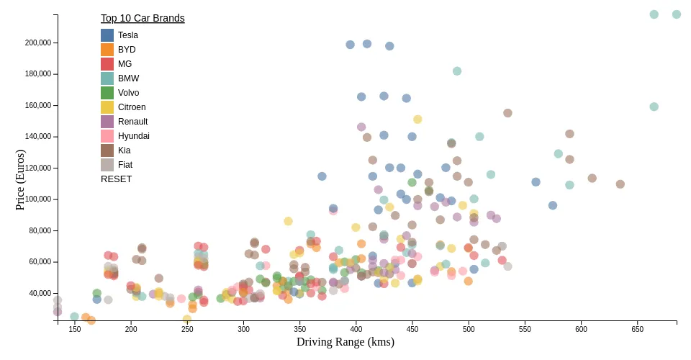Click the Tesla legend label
pos(127,35)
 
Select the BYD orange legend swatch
pos(107,50)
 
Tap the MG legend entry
pos(125,64)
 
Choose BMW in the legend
pos(128,78)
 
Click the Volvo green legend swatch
pos(107,93)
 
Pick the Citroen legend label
pos(132,107)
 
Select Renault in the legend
pos(132,122)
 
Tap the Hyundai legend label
pos(133,136)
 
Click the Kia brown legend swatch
pos(107,150)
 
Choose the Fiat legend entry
pos(125,165)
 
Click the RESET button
pos(116,179)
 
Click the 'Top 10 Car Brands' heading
pos(143,18)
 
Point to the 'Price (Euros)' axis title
pos(20,180)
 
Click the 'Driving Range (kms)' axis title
pos(345,342)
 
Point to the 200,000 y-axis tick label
pos(37,42)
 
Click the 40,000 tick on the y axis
pos(40,293)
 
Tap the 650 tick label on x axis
pos(638,329)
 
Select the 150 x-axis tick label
pos(75,329)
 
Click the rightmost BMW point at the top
pos(677,14)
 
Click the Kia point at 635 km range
pos(620,184)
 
